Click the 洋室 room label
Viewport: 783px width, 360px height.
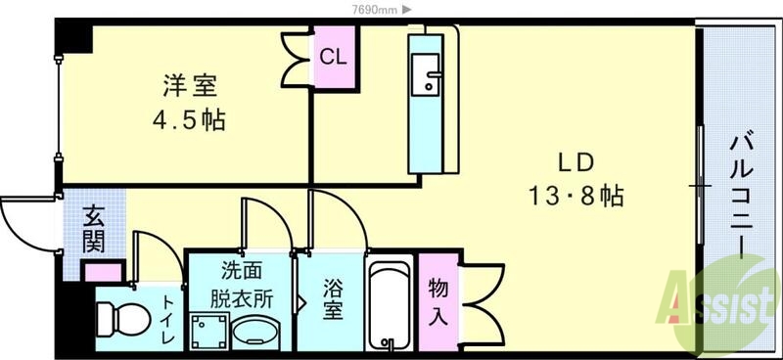click(x=189, y=87)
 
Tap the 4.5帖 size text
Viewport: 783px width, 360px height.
click(x=189, y=121)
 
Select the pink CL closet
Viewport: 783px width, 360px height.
click(x=333, y=57)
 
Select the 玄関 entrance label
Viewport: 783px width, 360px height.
click(x=94, y=227)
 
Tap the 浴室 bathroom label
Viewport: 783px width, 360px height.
click(x=333, y=300)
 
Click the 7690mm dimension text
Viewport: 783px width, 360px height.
click(x=375, y=9)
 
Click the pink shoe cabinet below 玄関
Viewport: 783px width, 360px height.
click(x=103, y=272)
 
